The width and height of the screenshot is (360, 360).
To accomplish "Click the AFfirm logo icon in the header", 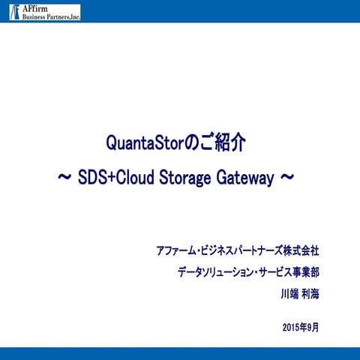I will (x=14, y=11).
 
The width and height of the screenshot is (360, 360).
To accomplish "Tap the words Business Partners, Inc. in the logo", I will (x=49, y=16).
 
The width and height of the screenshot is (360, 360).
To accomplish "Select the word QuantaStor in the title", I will (x=140, y=142).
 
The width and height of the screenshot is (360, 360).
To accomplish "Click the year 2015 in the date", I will (x=292, y=328).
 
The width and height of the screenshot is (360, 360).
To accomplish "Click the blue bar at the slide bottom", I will (x=180, y=354).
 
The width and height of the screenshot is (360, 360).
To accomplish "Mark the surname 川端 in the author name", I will (x=289, y=294).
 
